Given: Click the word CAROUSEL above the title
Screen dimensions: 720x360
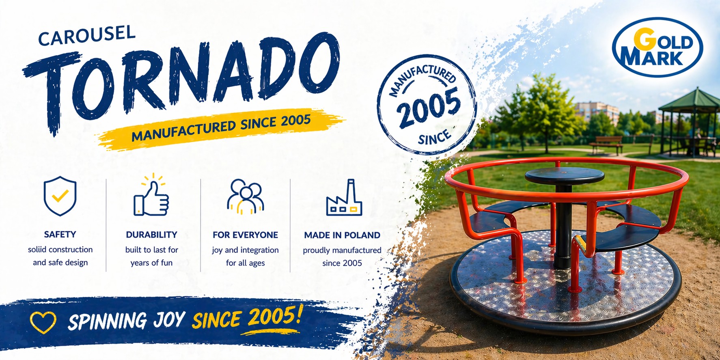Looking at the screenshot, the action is [x=86, y=35].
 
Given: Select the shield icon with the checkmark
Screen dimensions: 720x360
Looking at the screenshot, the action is [x=60, y=196].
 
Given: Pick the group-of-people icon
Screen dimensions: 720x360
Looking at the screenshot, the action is [x=245, y=196].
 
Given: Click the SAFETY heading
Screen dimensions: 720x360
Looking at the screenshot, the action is [x=60, y=235].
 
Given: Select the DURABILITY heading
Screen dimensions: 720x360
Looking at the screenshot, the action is [x=151, y=235].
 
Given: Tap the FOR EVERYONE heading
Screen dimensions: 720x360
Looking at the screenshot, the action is [x=245, y=235].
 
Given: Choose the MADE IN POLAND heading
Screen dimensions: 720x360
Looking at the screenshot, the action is [x=342, y=235].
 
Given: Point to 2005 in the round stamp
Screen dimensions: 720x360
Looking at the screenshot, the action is [x=428, y=107].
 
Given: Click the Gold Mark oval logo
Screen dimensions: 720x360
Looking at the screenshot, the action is [x=657, y=47].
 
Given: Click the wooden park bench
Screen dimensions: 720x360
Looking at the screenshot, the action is [x=606, y=144].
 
